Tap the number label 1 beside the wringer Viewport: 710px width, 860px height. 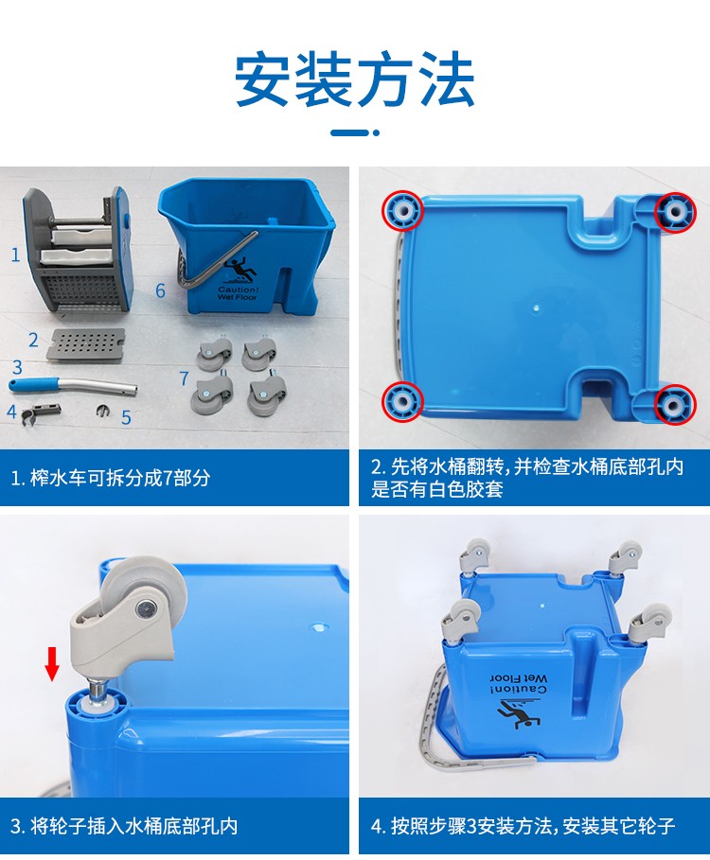pos(16,255)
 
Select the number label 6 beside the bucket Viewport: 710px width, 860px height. pos(160,290)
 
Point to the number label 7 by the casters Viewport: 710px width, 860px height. pos(184,377)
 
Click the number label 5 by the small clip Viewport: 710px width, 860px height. pos(126,418)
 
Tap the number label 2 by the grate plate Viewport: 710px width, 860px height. pos(33,340)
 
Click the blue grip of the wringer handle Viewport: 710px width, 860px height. pos(33,384)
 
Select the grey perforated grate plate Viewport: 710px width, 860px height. pos(86,343)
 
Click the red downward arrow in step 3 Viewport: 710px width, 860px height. pos(52,663)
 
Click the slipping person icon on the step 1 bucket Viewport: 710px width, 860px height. pos(240,271)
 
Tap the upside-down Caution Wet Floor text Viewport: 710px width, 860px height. pos(519,684)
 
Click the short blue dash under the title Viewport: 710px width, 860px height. pos(349,132)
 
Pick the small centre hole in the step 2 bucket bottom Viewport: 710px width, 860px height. pos(536,308)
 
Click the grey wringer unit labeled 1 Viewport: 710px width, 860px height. pos(78,250)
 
